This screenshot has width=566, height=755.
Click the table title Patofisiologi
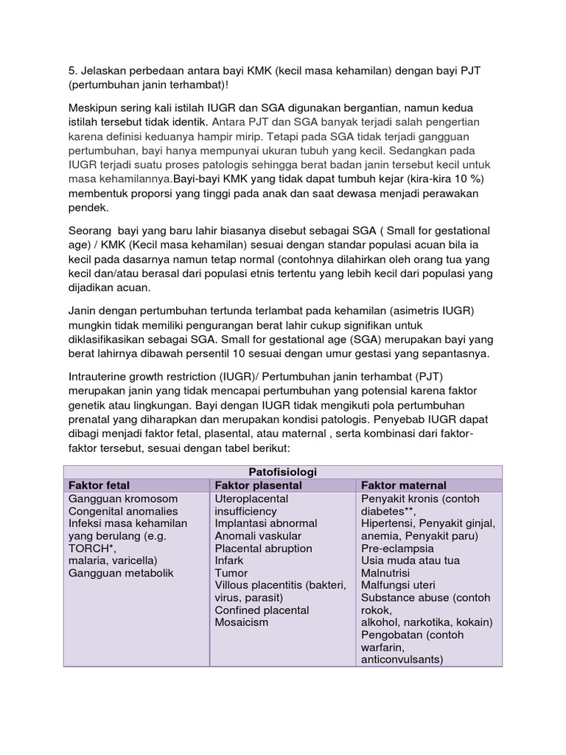(283, 472)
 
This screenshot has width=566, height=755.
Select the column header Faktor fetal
(99, 486)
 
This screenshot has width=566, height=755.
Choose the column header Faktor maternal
(403, 486)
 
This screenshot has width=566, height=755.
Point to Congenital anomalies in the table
(122, 512)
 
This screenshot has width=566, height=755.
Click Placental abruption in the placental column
(263, 549)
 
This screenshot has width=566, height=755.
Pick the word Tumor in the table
(231, 573)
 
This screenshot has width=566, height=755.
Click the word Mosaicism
(242, 622)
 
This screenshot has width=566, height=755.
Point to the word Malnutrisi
(385, 573)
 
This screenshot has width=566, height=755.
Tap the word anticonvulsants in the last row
(402, 660)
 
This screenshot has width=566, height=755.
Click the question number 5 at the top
(71, 70)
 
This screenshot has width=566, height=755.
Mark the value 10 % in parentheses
(462, 178)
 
